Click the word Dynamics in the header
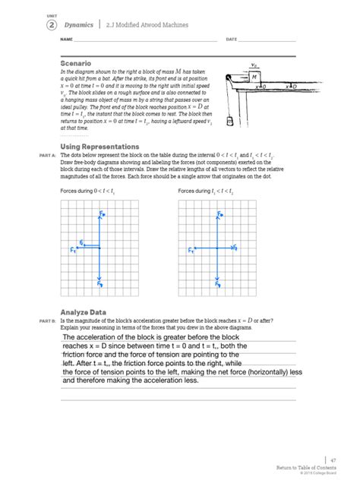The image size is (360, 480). coord(79,24)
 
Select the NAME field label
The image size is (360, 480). coord(66,39)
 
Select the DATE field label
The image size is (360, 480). coord(232,39)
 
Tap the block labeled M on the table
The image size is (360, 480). coord(254,77)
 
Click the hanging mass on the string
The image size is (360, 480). coord(229,120)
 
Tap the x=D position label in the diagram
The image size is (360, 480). coord(291,87)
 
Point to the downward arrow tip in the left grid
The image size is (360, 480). coord(99,283)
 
